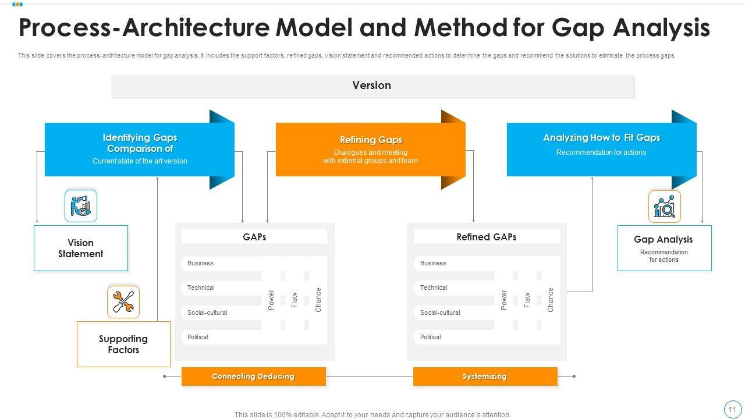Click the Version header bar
click(371, 86)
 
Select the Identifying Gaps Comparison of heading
click(140, 143)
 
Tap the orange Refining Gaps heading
click(371, 140)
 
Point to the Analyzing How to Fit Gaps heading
click(601, 138)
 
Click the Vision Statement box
click(80, 248)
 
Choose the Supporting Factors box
click(123, 345)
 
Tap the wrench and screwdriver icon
click(123, 302)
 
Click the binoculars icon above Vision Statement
click(81, 206)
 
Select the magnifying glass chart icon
click(664, 207)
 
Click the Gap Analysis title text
click(663, 240)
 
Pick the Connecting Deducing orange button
click(253, 377)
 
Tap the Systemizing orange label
click(485, 377)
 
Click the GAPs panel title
click(254, 237)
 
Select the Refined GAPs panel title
click(486, 237)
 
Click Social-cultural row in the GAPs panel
click(207, 313)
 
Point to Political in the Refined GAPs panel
click(431, 338)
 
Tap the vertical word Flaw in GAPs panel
click(295, 300)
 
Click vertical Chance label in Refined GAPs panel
click(551, 300)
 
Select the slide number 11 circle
click(732, 410)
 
